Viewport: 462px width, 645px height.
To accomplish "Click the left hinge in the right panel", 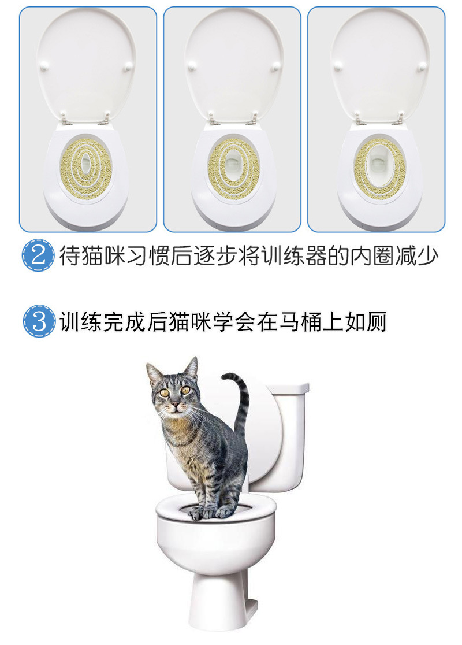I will point(359,120).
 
